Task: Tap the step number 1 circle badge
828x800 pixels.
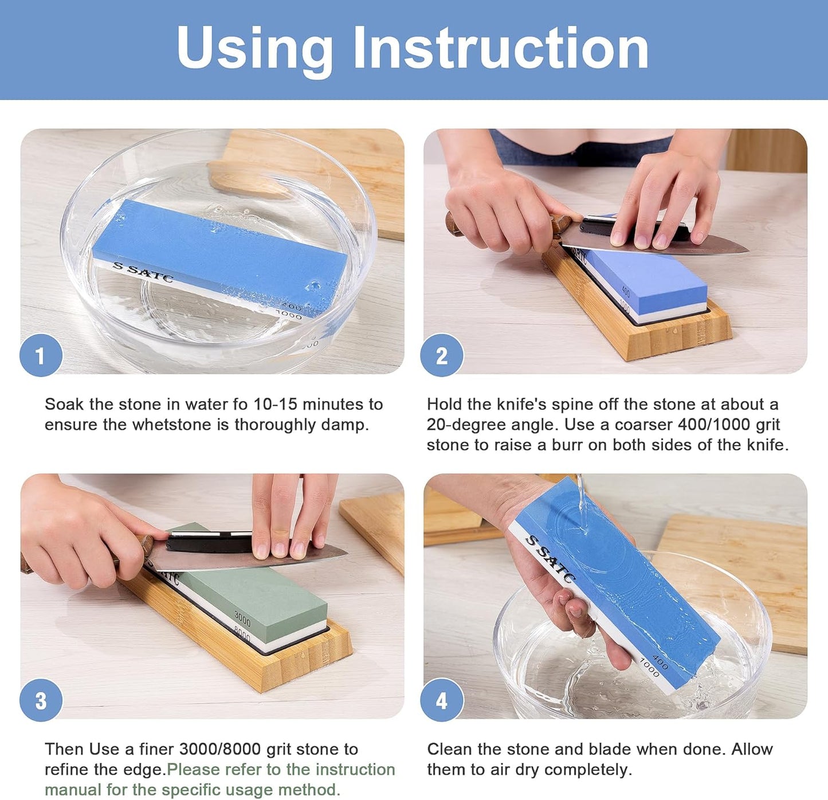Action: pyautogui.click(x=41, y=356)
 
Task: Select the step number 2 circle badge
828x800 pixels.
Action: pyautogui.click(x=441, y=356)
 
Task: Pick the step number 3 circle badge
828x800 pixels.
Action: pyautogui.click(x=41, y=700)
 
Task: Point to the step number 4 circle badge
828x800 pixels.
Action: pyautogui.click(x=441, y=700)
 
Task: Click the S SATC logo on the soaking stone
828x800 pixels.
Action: pyautogui.click(x=143, y=272)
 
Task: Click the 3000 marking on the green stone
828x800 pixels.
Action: pyautogui.click(x=242, y=619)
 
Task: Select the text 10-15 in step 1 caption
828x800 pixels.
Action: pyautogui.click(x=275, y=405)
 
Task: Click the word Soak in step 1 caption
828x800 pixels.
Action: pyautogui.click(x=64, y=405)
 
